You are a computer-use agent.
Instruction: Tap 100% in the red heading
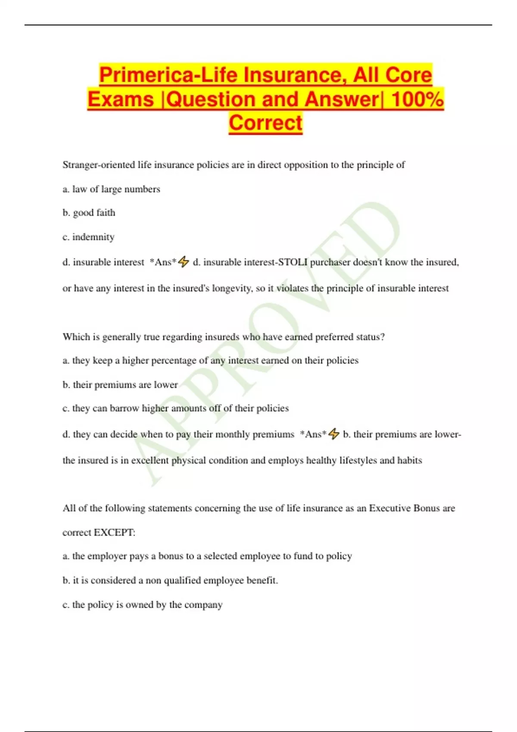coord(417,99)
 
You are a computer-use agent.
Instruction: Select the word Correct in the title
coord(265,123)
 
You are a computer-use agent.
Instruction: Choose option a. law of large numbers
coord(111,189)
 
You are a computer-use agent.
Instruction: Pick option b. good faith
coord(89,213)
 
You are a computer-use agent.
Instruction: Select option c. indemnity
coord(88,237)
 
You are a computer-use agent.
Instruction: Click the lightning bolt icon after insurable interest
coord(184,262)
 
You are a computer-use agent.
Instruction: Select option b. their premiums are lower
coord(120,385)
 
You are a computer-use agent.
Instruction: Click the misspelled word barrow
coord(125,408)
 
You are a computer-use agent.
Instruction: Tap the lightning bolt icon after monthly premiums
coord(334,434)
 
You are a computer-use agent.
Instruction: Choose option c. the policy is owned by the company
coord(142,605)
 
